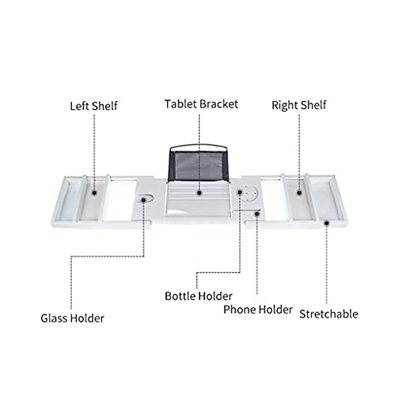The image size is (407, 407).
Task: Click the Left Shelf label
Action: point(94,106)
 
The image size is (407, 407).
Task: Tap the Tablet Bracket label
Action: point(201,104)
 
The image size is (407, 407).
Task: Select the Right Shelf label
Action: point(298,105)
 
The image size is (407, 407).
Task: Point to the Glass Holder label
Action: point(72,318)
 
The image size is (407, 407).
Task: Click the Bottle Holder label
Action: point(198,296)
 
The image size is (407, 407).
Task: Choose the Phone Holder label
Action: point(258,310)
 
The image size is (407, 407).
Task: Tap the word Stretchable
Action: point(328,314)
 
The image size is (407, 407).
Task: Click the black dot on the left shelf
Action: point(94,193)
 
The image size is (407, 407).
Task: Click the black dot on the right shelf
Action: point(299,193)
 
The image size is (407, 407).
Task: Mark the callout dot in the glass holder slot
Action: point(144,200)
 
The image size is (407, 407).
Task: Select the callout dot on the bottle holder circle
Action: point(240,192)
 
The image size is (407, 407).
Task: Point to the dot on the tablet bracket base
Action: point(199,193)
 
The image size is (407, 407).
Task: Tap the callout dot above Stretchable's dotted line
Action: point(326,223)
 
